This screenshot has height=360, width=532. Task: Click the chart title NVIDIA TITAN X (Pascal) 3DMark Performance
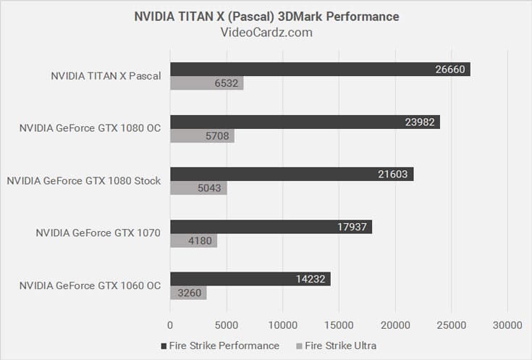click(x=266, y=16)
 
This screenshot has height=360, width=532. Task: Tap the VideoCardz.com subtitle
click(x=266, y=32)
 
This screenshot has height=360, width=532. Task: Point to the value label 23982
click(x=421, y=122)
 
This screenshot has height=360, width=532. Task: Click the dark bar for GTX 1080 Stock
click(x=292, y=174)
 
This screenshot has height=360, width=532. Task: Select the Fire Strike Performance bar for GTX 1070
click(x=271, y=227)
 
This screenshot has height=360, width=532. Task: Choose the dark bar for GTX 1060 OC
click(x=250, y=279)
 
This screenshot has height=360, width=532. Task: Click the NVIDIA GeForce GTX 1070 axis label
click(x=98, y=233)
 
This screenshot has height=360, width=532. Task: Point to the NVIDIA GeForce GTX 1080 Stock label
click(x=84, y=180)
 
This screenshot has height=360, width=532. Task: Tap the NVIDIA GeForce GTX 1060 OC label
click(x=90, y=285)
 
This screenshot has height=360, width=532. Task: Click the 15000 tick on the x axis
click(x=339, y=325)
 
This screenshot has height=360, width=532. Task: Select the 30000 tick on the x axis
click(x=507, y=325)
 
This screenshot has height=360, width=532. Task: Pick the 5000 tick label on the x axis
click(x=227, y=325)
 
